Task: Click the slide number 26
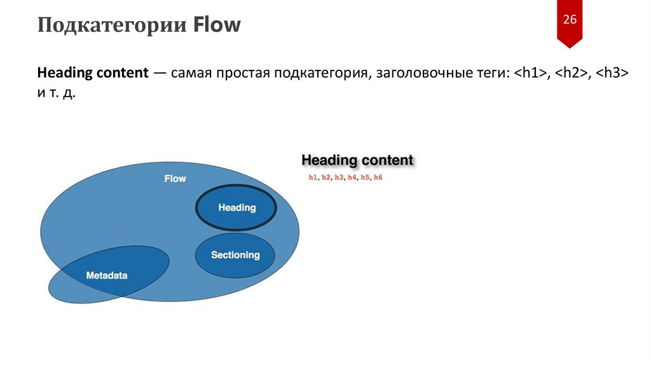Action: tap(569, 20)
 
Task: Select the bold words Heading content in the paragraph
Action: tap(92, 72)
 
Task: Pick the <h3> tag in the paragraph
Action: tap(613, 72)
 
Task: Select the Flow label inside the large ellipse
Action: tap(175, 179)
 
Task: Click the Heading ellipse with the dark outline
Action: tap(236, 207)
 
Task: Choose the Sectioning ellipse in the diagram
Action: tap(235, 255)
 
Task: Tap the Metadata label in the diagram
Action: tap(107, 276)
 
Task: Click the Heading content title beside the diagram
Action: tap(357, 160)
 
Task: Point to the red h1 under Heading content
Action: tap(312, 177)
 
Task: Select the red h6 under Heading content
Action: tap(378, 177)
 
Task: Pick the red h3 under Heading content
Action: tap(339, 177)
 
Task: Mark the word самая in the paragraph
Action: tap(191, 72)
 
